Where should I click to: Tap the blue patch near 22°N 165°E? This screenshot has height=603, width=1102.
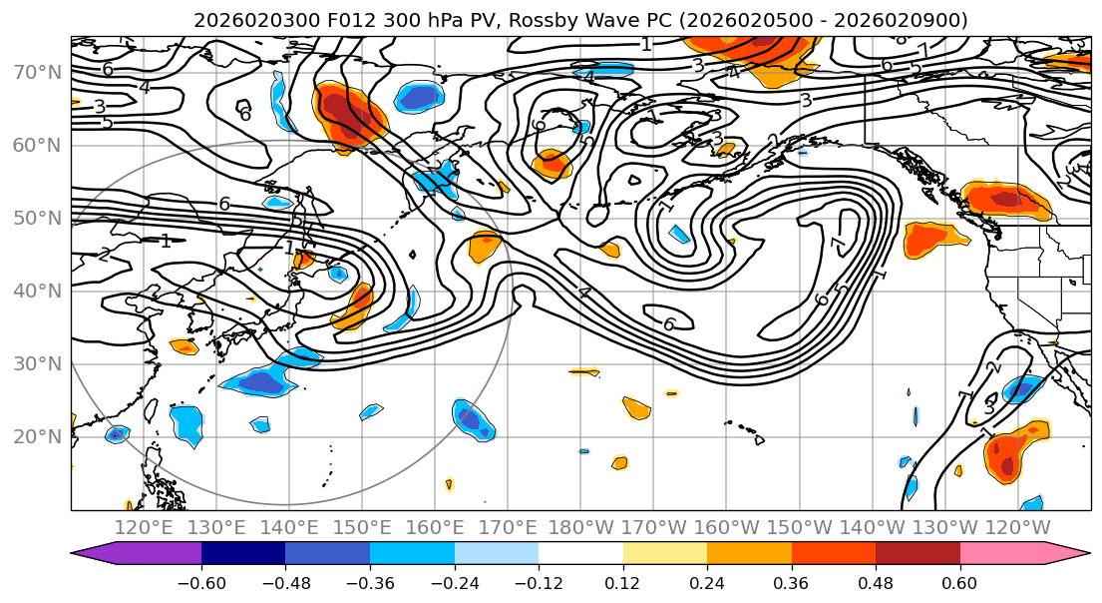(x=472, y=418)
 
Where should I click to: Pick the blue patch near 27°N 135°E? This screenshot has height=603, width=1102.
(x=257, y=379)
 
